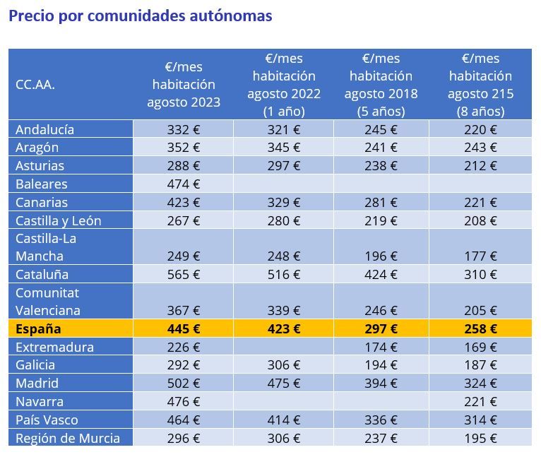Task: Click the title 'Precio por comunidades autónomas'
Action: [x=140, y=16]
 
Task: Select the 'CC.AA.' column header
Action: [x=35, y=85]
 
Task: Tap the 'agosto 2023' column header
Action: [x=184, y=85]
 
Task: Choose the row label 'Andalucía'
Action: [x=44, y=129]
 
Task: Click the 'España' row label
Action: [x=38, y=328]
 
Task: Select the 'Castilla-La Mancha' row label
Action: [x=46, y=247]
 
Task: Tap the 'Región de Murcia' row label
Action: [x=68, y=438]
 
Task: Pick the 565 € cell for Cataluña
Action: [x=184, y=274]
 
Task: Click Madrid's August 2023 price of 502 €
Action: [x=184, y=383]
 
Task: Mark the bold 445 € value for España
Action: [x=184, y=328]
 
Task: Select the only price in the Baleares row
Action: [x=184, y=184]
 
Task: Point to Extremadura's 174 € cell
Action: [x=381, y=347]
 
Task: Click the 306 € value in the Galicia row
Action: [x=284, y=364]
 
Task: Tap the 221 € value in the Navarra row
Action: [x=480, y=401]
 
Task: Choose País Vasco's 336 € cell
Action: [x=381, y=420]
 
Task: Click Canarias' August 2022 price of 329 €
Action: [x=284, y=202]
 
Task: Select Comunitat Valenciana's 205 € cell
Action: [x=480, y=310]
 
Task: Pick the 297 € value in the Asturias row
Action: [x=284, y=165]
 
